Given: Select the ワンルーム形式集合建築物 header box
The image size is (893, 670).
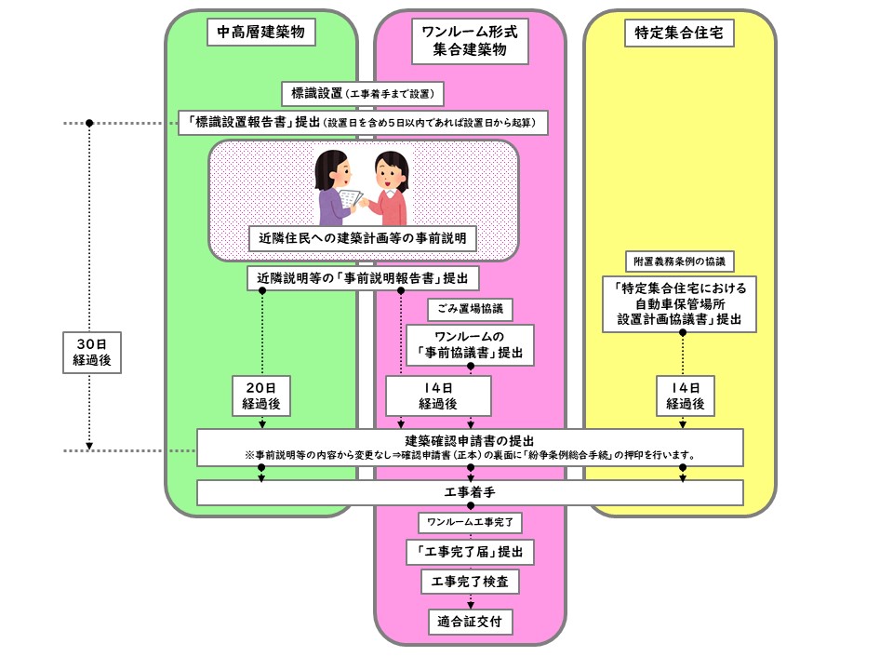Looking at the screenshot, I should (470, 42).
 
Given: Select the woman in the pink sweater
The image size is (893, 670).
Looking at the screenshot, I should (388, 191).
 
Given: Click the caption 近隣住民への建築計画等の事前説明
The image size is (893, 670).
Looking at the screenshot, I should (363, 239).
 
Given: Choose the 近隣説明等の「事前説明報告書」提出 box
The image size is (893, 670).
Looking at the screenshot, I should (363, 277).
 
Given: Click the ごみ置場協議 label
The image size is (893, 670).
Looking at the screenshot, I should (470, 307).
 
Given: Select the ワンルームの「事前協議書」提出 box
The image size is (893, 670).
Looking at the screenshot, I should (470, 343).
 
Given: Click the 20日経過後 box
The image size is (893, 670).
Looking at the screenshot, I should (261, 395).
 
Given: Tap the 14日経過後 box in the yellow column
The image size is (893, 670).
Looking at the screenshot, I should (685, 395).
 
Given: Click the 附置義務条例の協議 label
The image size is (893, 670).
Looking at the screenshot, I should (679, 261).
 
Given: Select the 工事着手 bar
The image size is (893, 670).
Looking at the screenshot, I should (470, 491).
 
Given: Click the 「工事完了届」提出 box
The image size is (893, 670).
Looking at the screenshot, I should (470, 552).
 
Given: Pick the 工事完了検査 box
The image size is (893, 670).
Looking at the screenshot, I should (470, 583).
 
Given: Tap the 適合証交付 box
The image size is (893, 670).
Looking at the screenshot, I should (470, 620).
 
